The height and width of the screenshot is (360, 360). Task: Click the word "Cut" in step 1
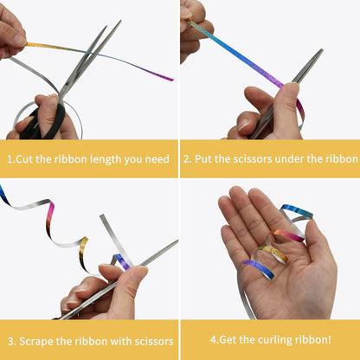pyautogui.click(x=24, y=159)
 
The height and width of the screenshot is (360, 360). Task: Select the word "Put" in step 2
pyautogui.click(x=203, y=159)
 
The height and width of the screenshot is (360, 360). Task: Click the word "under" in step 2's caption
pyautogui.click(x=289, y=159)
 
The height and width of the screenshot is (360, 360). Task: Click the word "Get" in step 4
pyautogui.click(x=228, y=339)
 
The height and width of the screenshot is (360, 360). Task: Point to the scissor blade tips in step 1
pyautogui.click(x=117, y=23)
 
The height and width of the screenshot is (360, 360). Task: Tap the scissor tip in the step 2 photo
pyautogui.click(x=321, y=51)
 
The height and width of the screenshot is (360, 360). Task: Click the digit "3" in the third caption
pyautogui.click(x=10, y=342)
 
